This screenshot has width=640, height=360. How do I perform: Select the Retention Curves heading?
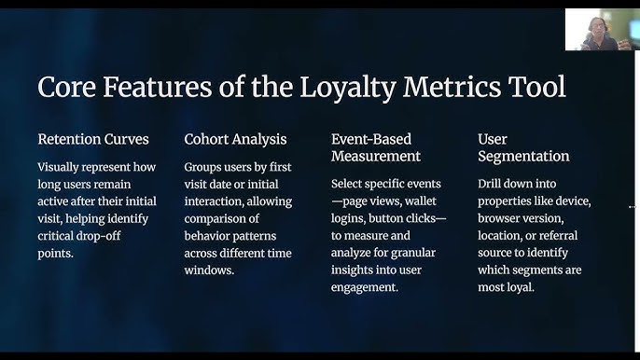[x=93, y=140]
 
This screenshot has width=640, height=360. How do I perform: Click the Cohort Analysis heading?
[x=235, y=140]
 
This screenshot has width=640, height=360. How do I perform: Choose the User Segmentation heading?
[x=523, y=147]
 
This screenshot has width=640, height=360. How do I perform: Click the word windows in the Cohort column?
[x=212, y=270]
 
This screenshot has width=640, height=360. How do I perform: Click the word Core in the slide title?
[x=67, y=87]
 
